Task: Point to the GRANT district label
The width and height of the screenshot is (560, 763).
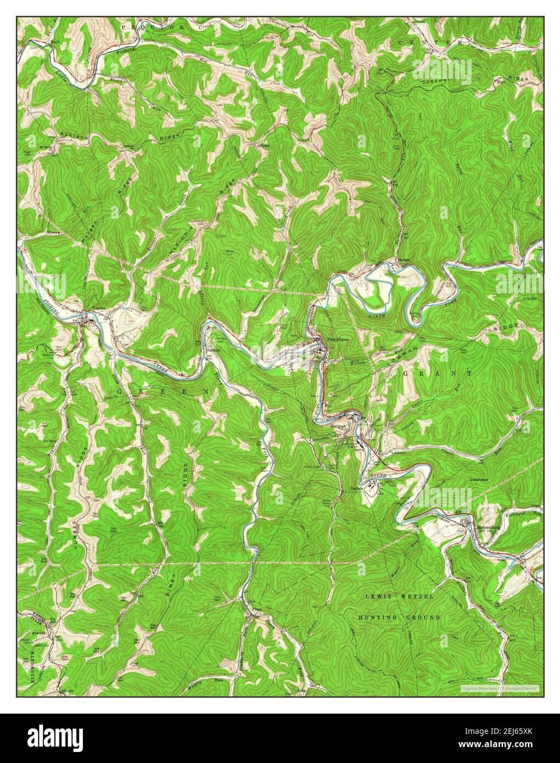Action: click(x=438, y=373)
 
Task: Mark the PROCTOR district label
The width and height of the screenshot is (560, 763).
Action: click(x=145, y=26)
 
